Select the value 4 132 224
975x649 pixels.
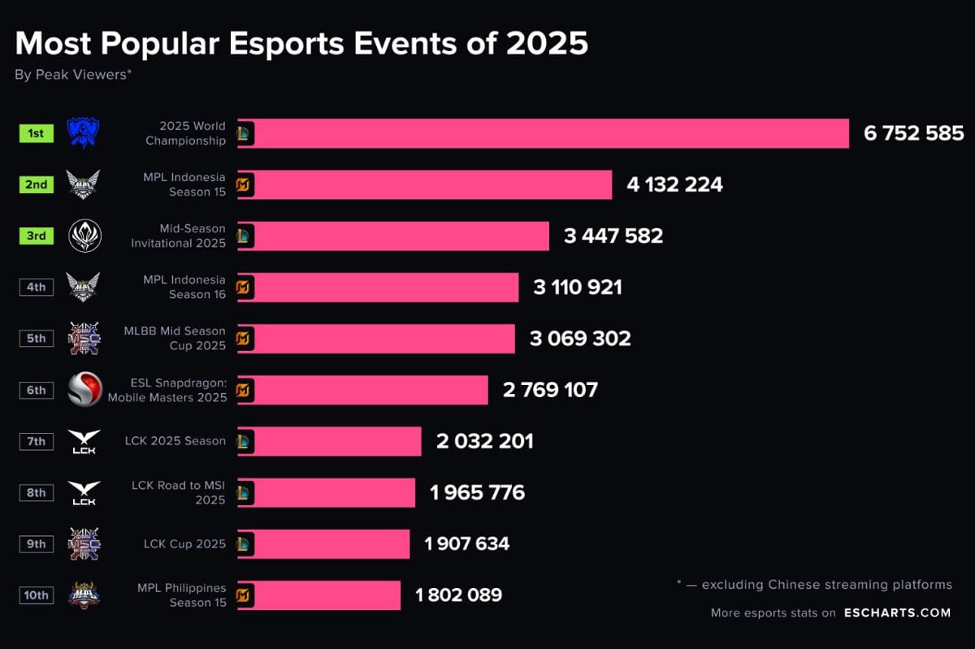pyautogui.click(x=674, y=184)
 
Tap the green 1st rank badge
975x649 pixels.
pyautogui.click(x=37, y=133)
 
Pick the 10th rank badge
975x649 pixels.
pyautogui.click(x=37, y=595)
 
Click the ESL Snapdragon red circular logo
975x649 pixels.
pyautogui.click(x=84, y=390)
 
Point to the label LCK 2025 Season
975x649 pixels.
pyautogui.click(x=175, y=441)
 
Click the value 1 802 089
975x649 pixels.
pyautogui.click(x=458, y=595)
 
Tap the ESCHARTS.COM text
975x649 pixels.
pyautogui.click(x=896, y=613)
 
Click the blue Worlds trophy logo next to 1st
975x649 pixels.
pyautogui.click(x=83, y=132)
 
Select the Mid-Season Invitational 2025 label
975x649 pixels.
pyautogui.click(x=179, y=236)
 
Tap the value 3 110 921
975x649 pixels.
pyautogui.click(x=577, y=287)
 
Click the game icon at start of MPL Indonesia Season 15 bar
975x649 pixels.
pyautogui.click(x=245, y=185)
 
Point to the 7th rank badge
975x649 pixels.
pyautogui.click(x=37, y=441)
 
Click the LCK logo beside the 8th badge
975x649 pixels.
pyautogui.click(x=84, y=492)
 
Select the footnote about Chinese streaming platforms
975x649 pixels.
pyautogui.click(x=813, y=585)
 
